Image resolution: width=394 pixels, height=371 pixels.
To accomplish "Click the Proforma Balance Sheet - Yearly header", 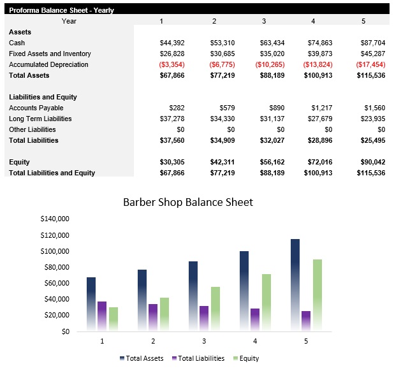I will point(61,10).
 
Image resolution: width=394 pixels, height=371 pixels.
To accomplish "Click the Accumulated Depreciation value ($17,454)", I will point(371,64).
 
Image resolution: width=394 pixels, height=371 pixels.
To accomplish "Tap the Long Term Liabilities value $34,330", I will point(223,119).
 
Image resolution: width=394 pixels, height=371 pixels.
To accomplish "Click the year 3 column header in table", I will point(264,21).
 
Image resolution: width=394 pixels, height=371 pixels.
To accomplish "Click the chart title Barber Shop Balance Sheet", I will point(187,202).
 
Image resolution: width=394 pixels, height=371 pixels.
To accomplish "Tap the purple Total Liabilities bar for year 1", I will point(103,316).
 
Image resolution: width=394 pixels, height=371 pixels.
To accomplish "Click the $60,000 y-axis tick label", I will point(56,283).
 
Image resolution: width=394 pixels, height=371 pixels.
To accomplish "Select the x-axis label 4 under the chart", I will point(255,342).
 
